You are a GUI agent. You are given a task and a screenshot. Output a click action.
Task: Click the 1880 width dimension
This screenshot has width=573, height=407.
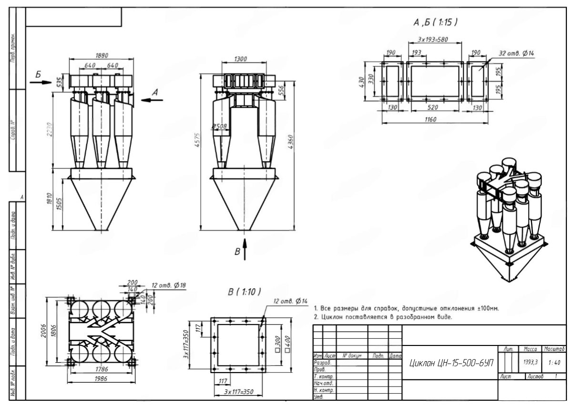click(102, 55)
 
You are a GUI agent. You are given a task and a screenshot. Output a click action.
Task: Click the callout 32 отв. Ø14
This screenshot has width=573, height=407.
click(516, 53)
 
